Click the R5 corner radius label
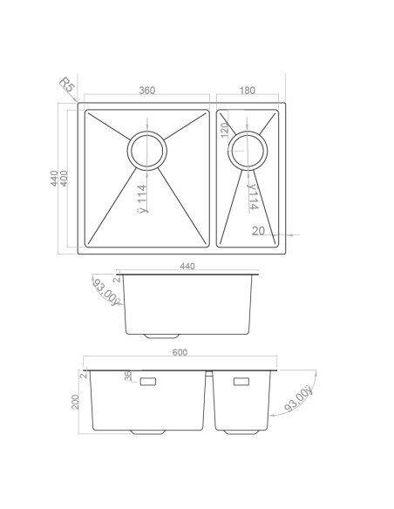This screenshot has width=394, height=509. click(67, 85)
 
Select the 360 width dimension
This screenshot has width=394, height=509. click(147, 91)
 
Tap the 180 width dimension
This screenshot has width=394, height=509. click(248, 91)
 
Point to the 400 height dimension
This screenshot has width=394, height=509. click(65, 178)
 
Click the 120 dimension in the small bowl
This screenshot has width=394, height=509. click(225, 130)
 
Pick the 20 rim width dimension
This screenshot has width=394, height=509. click(258, 231)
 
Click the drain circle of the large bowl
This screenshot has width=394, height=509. click(147, 151)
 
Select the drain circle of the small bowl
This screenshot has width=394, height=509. click(248, 151)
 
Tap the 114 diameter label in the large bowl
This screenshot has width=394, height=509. click(142, 199)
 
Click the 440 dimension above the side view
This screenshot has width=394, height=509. click(187, 266)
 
